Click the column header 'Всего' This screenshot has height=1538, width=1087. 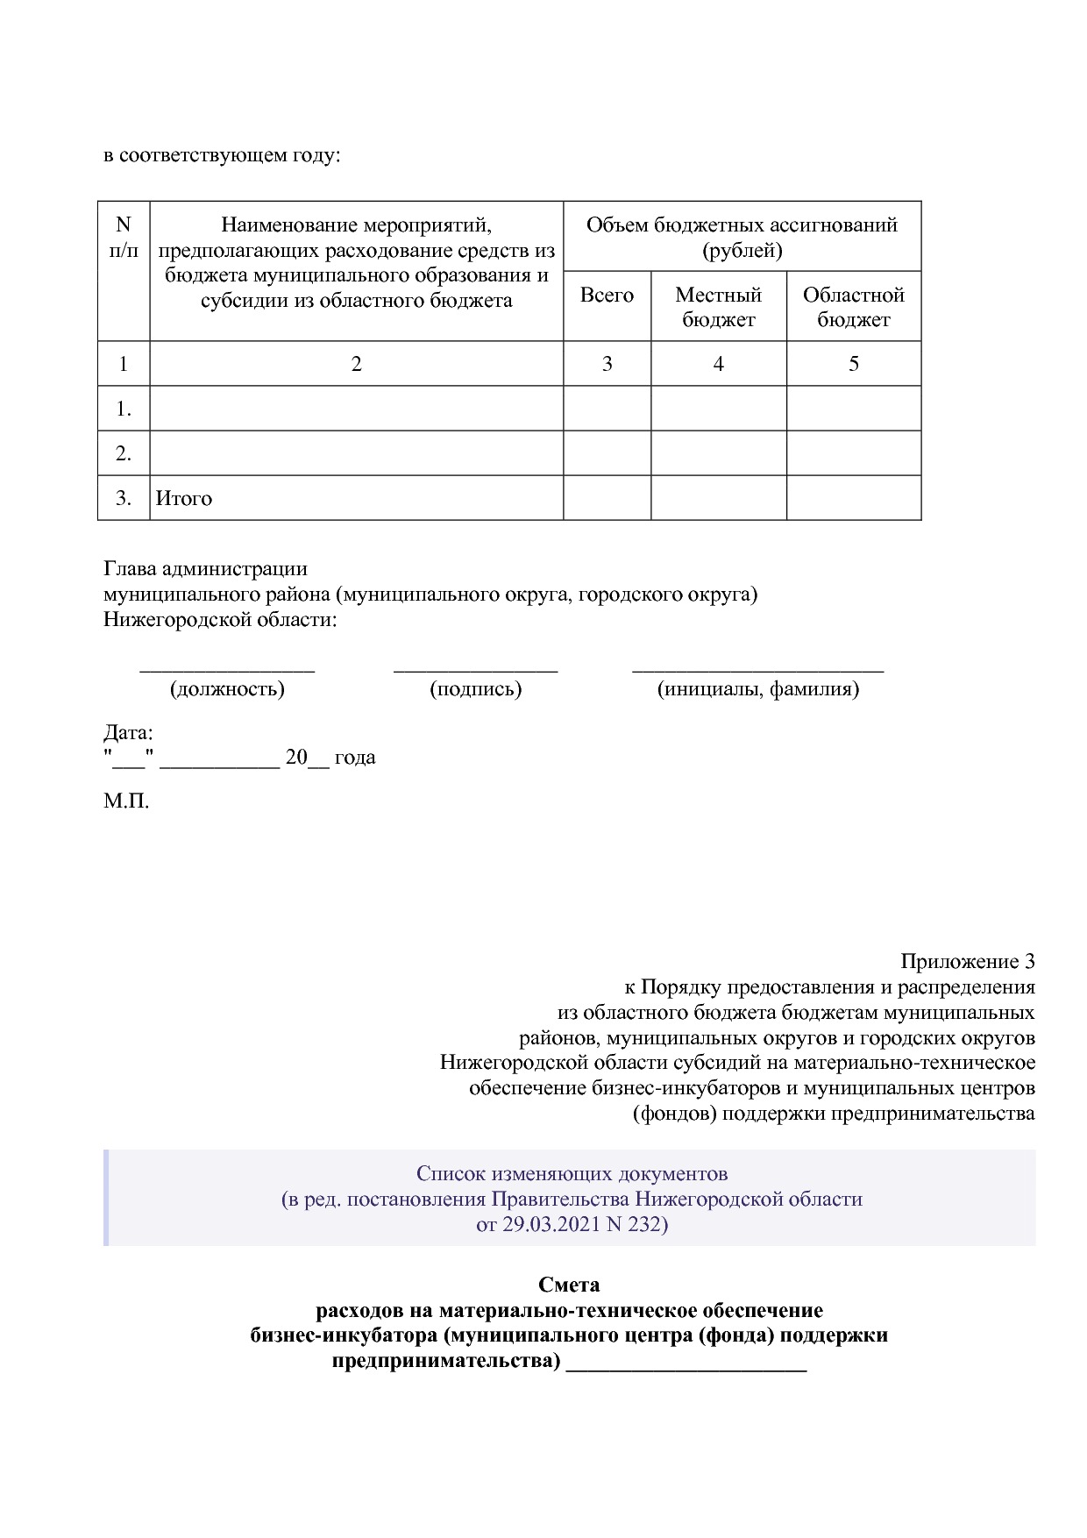pyautogui.click(x=607, y=295)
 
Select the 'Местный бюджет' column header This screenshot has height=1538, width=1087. pyautogui.click(x=718, y=307)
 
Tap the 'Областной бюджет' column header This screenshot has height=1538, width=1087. pyautogui.click(x=853, y=307)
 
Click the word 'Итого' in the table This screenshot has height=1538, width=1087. pyautogui.click(x=184, y=499)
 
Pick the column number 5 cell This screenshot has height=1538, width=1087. pyautogui.click(x=853, y=364)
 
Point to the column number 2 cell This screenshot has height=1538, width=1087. pyautogui.click(x=356, y=364)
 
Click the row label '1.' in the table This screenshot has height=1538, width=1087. pyautogui.click(x=124, y=409)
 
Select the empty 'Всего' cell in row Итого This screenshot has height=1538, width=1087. pyautogui.click(x=607, y=498)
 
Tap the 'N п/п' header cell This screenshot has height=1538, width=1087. pyautogui.click(x=124, y=238)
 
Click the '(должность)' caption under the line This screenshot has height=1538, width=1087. pyautogui.click(x=227, y=689)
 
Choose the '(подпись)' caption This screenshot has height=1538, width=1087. pyautogui.click(x=475, y=689)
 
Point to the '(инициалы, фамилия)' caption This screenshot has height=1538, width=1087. pyautogui.click(x=758, y=689)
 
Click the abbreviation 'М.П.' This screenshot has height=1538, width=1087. pyautogui.click(x=126, y=801)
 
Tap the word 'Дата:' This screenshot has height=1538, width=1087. pyautogui.click(x=128, y=732)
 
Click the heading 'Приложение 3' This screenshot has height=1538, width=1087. pyautogui.click(x=967, y=962)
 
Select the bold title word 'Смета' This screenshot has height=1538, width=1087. pyautogui.click(x=569, y=1285)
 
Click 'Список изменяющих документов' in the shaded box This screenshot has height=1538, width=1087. pyautogui.click(x=572, y=1173)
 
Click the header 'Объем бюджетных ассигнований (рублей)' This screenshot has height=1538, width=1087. pyautogui.click(x=742, y=238)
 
